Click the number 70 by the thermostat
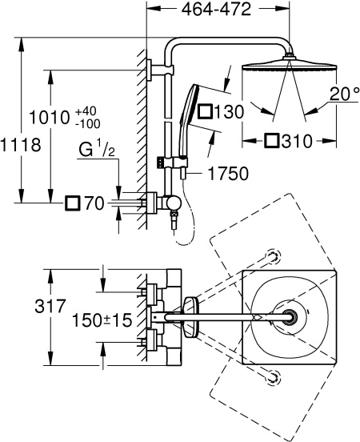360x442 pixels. (94, 204)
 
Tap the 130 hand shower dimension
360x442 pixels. (229, 112)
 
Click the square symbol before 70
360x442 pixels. (73, 204)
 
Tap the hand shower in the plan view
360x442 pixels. (189, 318)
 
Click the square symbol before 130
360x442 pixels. (205, 112)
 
